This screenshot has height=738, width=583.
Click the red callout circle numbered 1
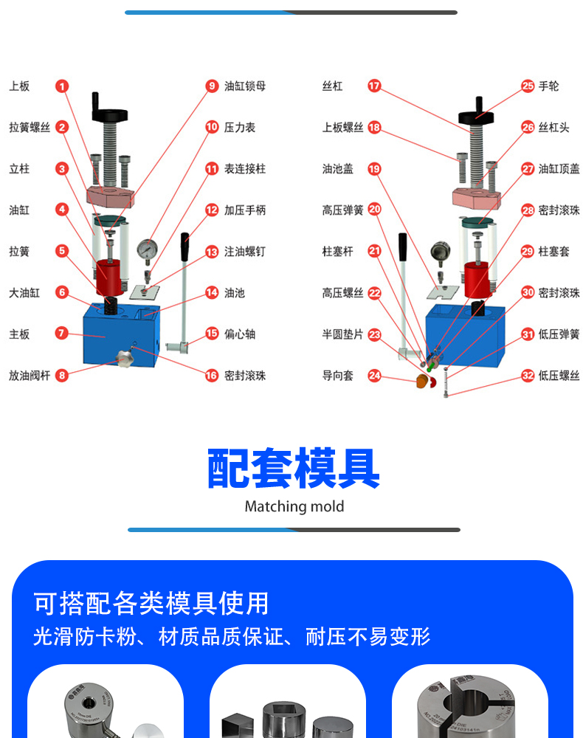(62, 86)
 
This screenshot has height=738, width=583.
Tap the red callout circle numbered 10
(212, 128)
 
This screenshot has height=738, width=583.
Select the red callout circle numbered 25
(528, 86)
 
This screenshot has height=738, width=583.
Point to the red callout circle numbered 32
(528, 376)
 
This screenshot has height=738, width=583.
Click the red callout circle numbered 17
(374, 86)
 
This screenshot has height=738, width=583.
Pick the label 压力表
(240, 128)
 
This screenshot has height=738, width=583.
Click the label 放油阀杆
(30, 376)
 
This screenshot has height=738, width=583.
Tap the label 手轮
(549, 86)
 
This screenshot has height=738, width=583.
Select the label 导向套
(338, 376)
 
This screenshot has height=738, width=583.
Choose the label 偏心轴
(240, 334)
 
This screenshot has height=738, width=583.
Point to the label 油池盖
(338, 169)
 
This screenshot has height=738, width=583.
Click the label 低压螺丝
(559, 376)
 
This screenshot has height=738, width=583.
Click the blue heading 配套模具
(293, 469)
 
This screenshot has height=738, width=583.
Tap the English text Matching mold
(294, 507)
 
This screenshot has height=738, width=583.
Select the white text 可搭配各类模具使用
(151, 604)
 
